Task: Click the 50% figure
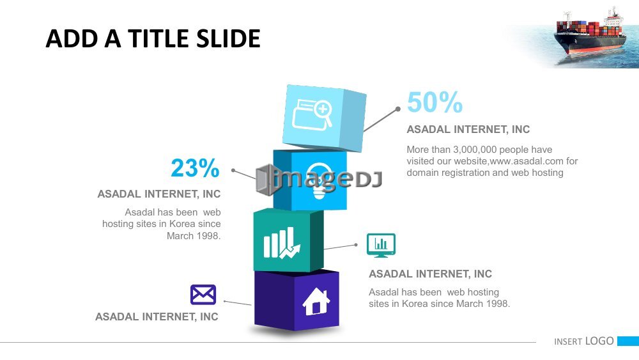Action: [435, 102]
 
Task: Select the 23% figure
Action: [195, 168]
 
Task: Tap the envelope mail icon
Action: [203, 295]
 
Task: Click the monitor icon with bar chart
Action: [381, 245]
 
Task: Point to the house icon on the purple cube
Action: [316, 301]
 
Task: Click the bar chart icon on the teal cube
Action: [282, 243]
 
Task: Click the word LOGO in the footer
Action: [599, 341]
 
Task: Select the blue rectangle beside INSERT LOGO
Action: [628, 341]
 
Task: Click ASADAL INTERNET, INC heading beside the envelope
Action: [157, 317]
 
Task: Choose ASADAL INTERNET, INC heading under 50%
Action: [468, 129]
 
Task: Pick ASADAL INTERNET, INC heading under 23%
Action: [159, 194]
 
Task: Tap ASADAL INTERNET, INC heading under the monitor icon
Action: [430, 274]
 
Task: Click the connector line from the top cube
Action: [381, 120]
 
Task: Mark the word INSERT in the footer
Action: [568, 341]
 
